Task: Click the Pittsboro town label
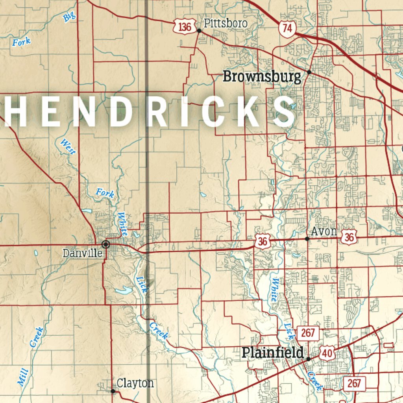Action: point(225,24)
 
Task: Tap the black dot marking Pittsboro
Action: point(199,30)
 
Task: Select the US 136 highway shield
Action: point(185,27)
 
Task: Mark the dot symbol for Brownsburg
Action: point(309,72)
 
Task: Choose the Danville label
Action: point(82,253)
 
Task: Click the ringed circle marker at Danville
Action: point(105,244)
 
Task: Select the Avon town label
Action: point(324,231)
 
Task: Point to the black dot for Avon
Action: point(307,238)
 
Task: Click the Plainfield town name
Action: point(272,353)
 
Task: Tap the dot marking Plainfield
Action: point(308,359)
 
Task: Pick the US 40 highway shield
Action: point(327,353)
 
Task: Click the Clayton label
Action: point(135,383)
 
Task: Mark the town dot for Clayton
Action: point(113,391)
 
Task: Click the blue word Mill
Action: point(23,376)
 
